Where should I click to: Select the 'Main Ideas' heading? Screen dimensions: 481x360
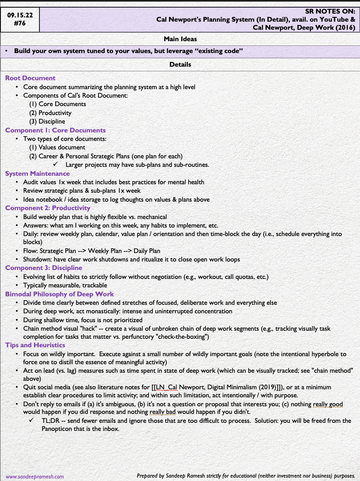(180, 39)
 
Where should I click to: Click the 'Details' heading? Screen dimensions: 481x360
(180, 65)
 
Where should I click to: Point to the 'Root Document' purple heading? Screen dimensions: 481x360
(30, 78)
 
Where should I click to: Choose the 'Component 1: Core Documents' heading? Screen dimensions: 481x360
(55, 130)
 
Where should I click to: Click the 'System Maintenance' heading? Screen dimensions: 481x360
(37, 174)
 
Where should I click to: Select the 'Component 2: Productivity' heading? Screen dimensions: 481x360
(48, 208)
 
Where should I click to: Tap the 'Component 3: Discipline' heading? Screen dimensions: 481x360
(44, 268)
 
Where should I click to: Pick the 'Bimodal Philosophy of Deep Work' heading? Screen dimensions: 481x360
(59, 294)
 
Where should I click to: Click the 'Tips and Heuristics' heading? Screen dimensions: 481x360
(35, 345)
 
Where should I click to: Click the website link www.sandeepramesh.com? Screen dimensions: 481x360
(35, 476)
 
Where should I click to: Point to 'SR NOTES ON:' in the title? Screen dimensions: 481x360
(330, 11)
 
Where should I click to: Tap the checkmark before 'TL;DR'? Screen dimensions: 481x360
(31, 421)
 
